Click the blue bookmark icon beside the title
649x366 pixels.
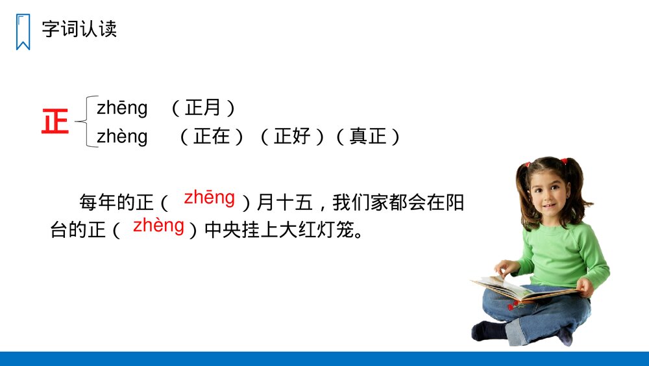point(23,32)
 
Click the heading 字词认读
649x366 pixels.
point(79,29)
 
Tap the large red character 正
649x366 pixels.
point(55,122)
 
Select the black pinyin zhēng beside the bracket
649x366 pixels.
point(122,108)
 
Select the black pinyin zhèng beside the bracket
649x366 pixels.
point(122,137)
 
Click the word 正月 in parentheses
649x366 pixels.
point(203,108)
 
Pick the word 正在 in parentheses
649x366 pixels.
point(212,137)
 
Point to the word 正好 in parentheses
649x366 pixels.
point(293,137)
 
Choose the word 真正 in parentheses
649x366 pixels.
point(368,137)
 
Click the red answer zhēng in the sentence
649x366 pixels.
point(209,198)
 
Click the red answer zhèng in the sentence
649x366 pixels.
point(158,226)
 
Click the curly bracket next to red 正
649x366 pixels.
point(86,122)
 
